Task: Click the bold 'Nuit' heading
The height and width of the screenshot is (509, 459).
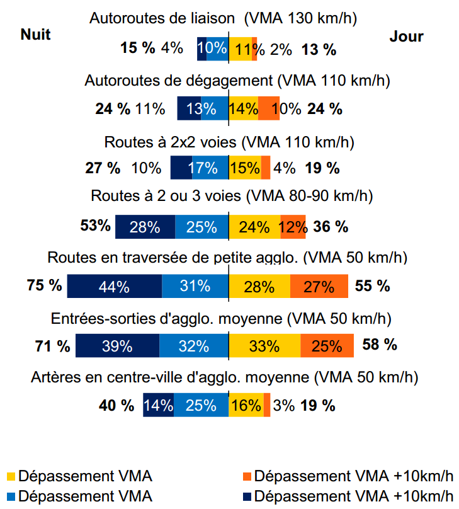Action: click(x=35, y=33)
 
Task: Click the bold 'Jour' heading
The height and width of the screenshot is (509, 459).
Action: click(x=406, y=37)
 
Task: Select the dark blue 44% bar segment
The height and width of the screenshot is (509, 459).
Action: click(x=114, y=286)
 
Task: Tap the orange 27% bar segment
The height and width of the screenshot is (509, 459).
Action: click(x=319, y=286)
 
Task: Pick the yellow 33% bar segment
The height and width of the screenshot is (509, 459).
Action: click(x=264, y=346)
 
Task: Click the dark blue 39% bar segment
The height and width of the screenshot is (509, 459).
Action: click(x=117, y=346)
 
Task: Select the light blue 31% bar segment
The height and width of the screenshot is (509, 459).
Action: click(x=195, y=286)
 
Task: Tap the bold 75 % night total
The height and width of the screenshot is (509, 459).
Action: click(x=44, y=285)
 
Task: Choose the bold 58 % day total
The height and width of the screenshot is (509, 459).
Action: click(x=380, y=344)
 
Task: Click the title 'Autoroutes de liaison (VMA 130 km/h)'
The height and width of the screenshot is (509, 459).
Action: click(x=223, y=18)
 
